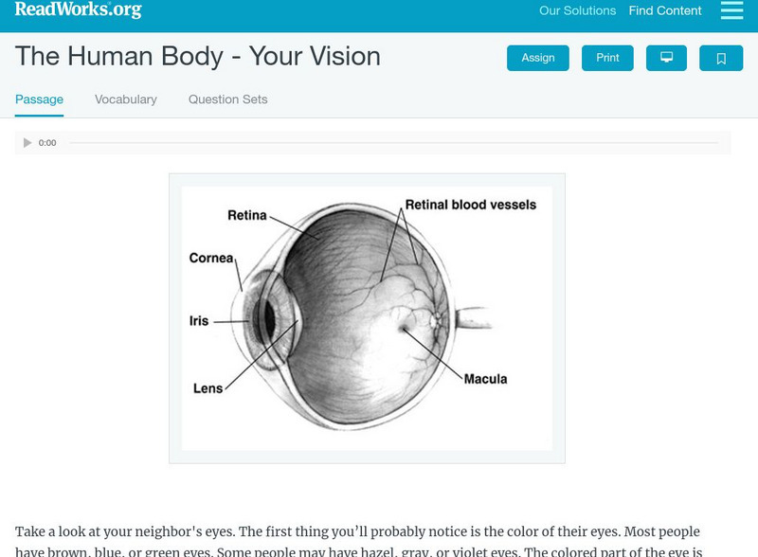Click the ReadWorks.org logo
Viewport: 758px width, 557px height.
tap(78, 9)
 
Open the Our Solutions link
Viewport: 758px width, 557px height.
tap(577, 11)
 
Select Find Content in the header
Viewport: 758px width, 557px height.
tap(665, 11)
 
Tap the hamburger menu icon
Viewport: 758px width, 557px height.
tap(731, 10)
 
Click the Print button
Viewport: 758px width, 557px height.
tap(607, 58)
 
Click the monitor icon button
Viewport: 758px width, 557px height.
tap(666, 58)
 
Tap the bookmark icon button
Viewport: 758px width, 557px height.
tap(721, 59)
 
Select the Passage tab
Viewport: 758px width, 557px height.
tap(39, 99)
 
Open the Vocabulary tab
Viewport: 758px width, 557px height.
tap(126, 99)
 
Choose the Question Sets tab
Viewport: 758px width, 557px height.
tap(227, 99)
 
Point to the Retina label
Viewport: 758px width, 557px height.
tap(247, 215)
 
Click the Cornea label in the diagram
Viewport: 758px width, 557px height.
tap(211, 258)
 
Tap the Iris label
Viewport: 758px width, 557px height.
tap(199, 321)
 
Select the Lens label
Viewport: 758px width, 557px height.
tap(208, 388)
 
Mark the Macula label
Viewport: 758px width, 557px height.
tap(485, 379)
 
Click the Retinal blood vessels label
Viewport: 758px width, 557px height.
tap(470, 205)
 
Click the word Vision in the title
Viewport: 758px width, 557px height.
tap(336, 57)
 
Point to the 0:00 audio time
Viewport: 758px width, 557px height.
tap(47, 143)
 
